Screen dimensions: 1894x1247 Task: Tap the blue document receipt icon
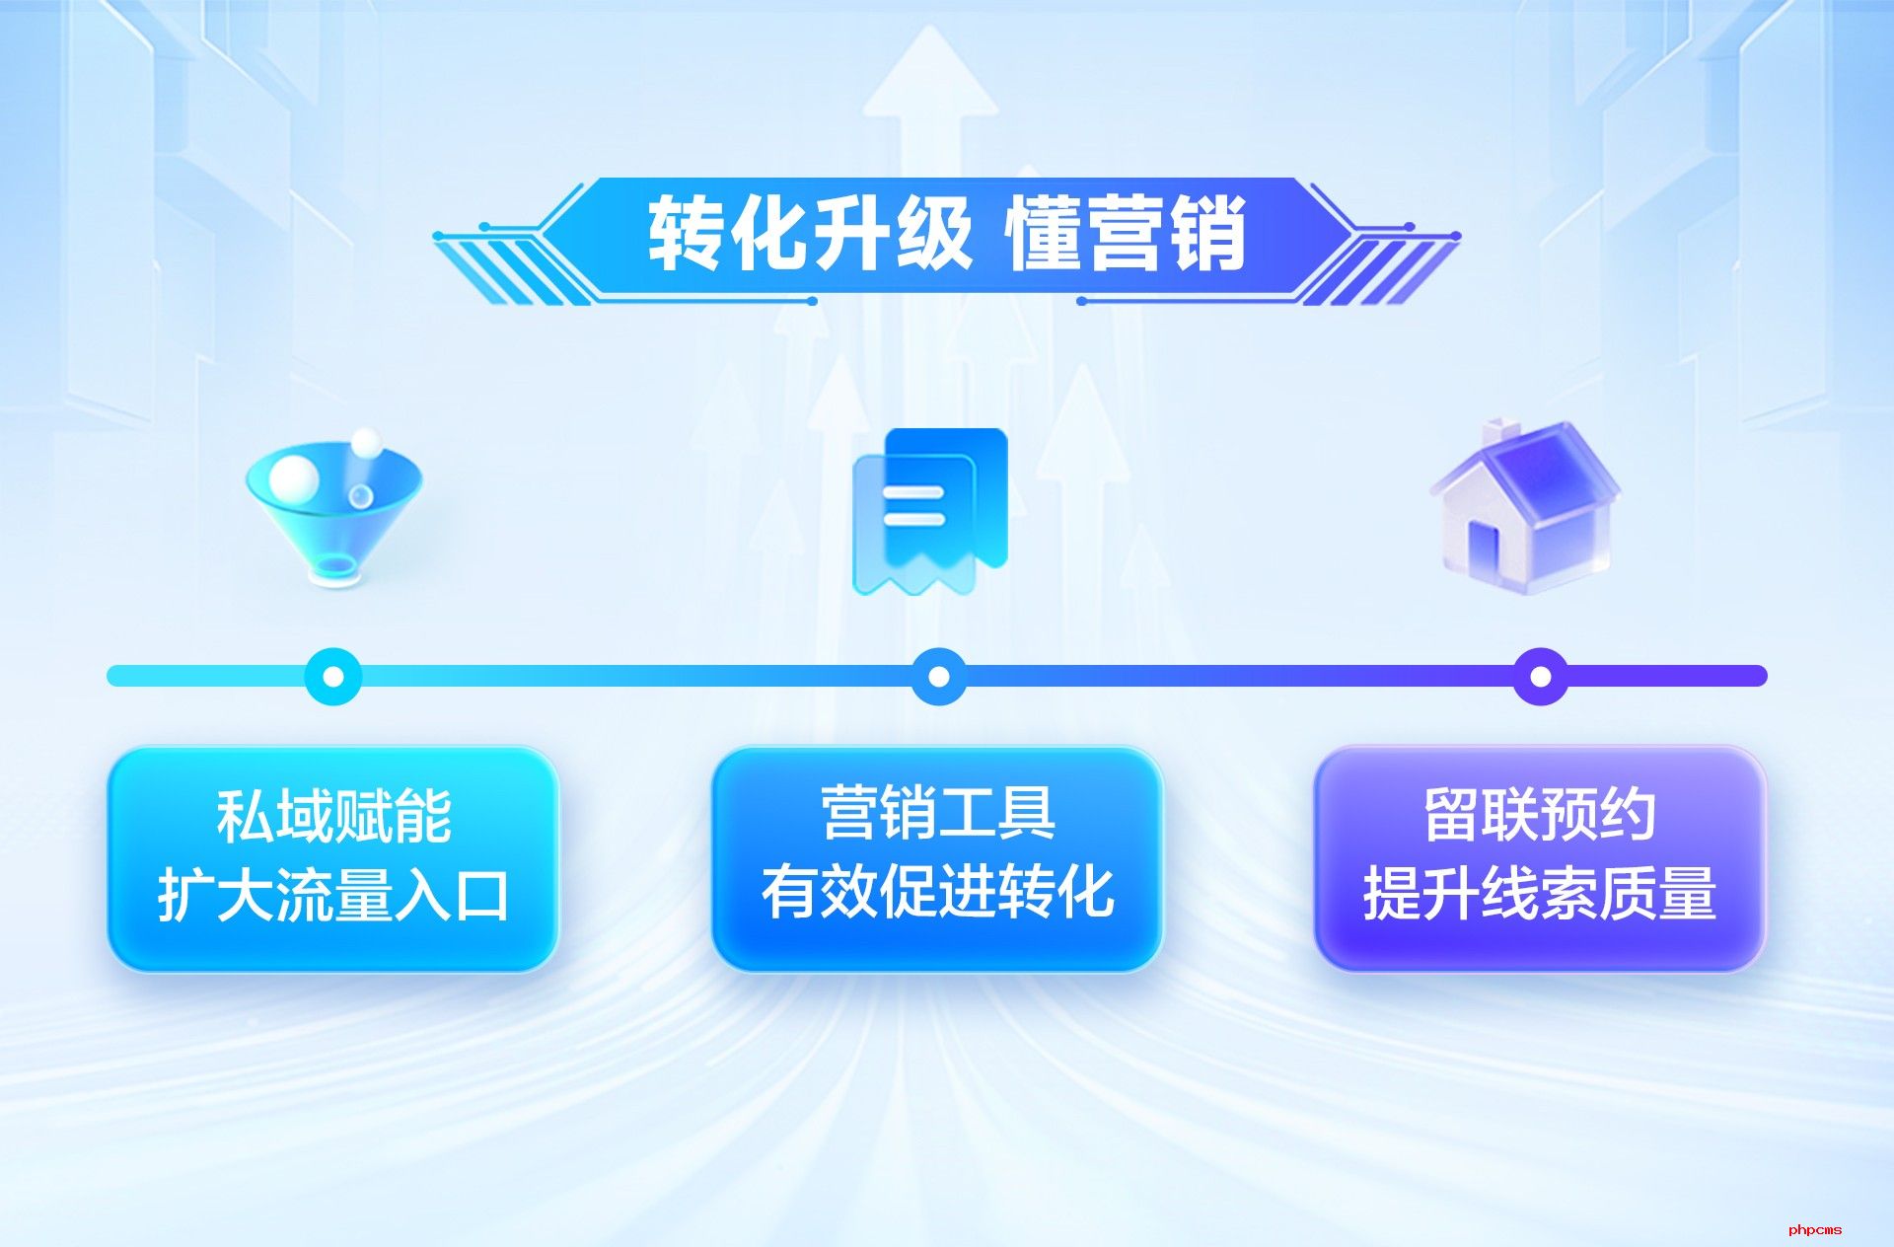(929, 511)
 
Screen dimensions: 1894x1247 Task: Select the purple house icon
(1525, 507)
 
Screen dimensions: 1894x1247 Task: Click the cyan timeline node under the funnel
(333, 676)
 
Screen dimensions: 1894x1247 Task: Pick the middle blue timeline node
(939, 676)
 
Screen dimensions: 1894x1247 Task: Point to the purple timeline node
(1540, 676)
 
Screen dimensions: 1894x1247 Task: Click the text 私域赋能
(334, 816)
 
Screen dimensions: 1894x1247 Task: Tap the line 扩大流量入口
(333, 895)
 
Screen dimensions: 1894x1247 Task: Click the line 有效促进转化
(938, 892)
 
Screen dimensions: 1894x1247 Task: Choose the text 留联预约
(1540, 815)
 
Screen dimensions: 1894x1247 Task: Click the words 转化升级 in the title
(810, 234)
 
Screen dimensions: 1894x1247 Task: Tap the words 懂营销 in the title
(1126, 234)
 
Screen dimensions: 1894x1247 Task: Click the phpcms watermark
(1815, 1229)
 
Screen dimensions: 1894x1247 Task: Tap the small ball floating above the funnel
(366, 443)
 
